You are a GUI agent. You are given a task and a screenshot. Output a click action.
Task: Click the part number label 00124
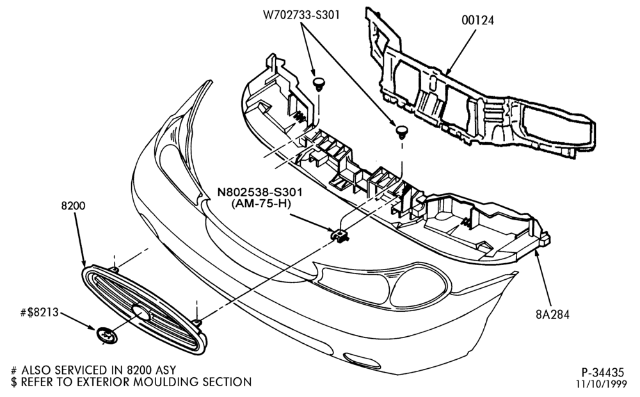(477, 20)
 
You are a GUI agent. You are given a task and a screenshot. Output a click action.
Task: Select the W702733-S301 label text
(301, 15)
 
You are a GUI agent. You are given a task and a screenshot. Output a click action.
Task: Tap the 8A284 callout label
(552, 314)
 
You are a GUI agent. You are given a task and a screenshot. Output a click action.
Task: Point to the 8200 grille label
(74, 206)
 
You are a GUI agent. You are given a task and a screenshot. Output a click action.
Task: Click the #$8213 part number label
(39, 313)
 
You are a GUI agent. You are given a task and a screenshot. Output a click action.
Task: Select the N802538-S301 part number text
(260, 191)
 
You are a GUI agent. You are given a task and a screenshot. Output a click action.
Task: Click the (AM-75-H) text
(261, 204)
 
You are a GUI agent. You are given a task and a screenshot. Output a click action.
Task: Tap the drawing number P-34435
(602, 373)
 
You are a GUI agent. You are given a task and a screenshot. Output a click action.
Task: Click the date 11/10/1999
(601, 384)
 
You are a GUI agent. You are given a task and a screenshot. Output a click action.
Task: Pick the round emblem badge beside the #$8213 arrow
(107, 336)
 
